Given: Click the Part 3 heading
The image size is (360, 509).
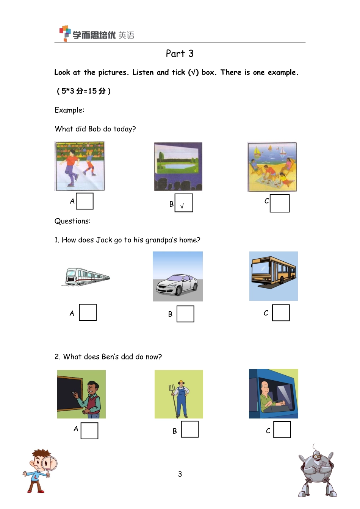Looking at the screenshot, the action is [180, 54].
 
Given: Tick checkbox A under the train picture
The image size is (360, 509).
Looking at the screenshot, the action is [88, 312].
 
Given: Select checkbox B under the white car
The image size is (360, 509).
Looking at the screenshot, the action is [185, 314].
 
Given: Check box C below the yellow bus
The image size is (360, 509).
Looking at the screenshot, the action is [281, 313].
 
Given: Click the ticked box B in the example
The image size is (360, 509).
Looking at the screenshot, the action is [184, 203].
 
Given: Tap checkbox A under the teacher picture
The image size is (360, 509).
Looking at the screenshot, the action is [89, 431].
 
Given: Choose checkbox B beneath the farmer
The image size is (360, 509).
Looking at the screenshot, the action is [190, 429].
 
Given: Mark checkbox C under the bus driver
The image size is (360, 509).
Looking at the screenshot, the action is [282, 429].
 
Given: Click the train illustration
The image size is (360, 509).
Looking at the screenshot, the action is [86, 276].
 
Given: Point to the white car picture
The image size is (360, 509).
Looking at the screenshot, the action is [178, 276].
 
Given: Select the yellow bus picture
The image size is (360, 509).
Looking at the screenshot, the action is [273, 276].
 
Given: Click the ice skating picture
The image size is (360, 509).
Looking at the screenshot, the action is [80, 166].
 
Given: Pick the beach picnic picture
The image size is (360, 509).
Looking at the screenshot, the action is [272, 167].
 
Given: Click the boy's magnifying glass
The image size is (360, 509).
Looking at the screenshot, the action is [49, 465].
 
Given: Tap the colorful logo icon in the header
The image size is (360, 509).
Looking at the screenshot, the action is [65, 33].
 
